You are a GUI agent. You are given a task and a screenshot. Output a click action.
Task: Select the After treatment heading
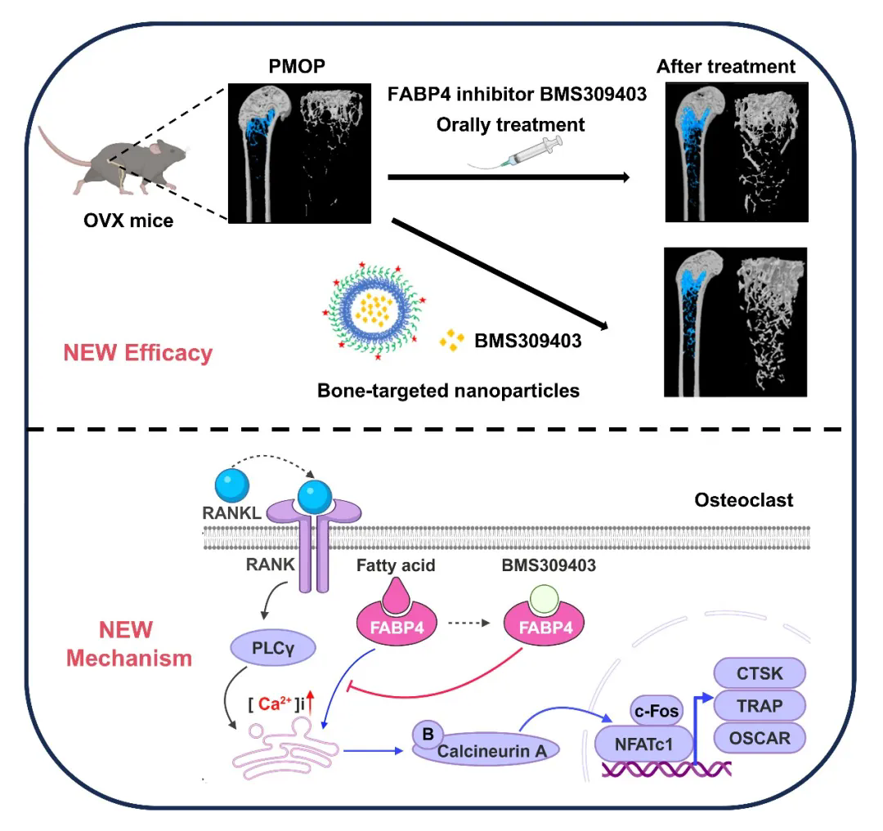coord(726,65)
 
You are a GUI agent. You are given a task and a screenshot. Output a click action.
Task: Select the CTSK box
coord(760,675)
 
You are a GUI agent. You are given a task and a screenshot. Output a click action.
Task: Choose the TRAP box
coord(760,705)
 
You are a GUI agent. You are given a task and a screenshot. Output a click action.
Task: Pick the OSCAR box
coord(760,738)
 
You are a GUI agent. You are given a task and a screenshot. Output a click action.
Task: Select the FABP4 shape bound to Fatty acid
coord(394,628)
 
